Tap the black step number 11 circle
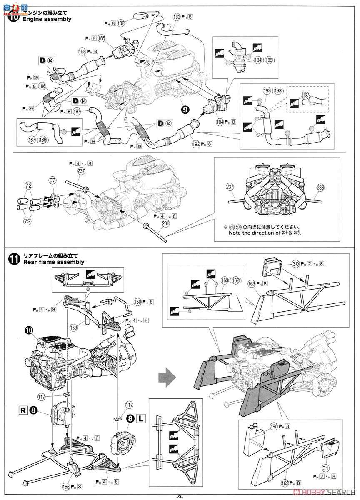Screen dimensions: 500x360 coord(13,259)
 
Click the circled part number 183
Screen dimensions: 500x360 coord(177,17)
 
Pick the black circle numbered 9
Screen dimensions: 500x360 coord(183,110)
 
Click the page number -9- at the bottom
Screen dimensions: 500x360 coord(179,496)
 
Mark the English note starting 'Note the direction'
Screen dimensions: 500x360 coord(265,233)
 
